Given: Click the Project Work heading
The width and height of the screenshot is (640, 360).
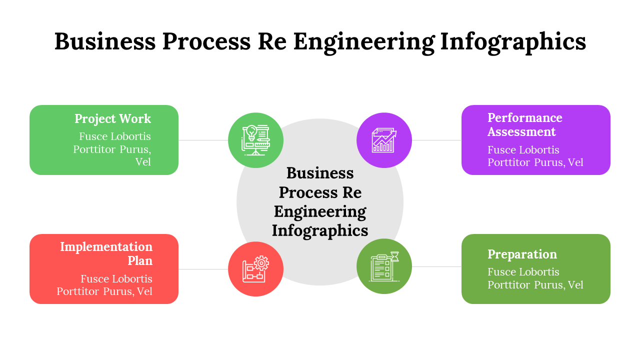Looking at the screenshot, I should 112,119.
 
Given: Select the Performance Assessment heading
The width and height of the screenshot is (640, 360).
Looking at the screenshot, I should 524,124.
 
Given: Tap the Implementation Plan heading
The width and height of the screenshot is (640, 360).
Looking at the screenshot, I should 106,253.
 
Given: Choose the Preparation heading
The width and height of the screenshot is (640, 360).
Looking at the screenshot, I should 522,254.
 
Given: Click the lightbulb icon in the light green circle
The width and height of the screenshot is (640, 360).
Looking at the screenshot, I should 255,140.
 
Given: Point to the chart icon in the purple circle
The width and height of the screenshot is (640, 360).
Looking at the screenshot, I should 384,140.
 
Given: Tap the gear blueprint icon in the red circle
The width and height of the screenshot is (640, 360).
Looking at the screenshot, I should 255,269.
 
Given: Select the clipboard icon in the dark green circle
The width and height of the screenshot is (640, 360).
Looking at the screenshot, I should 384,266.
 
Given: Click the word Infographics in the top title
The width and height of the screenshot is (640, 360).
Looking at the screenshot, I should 513,41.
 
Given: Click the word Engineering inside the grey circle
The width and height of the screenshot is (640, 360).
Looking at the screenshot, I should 320,211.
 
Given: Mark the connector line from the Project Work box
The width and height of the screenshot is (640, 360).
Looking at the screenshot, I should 203,140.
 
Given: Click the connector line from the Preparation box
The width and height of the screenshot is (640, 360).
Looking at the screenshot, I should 436,266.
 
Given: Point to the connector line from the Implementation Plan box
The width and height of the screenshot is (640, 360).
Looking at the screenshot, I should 203,269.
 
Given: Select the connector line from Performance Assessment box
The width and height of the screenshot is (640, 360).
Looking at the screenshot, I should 436,140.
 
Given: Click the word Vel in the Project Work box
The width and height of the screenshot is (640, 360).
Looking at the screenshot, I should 142,162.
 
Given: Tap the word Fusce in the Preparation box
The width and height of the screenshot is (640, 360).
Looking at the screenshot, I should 502,272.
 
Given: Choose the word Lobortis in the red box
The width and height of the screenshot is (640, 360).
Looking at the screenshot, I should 131,278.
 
